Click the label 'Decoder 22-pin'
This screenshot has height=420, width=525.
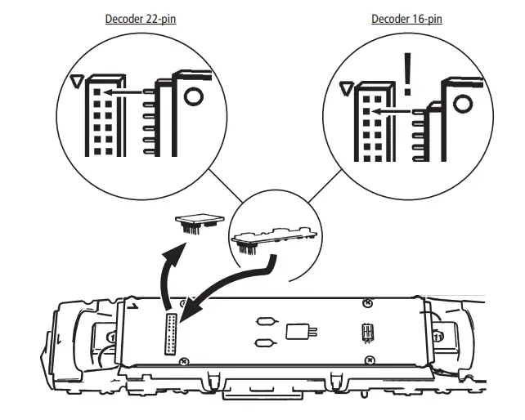pos(141,18)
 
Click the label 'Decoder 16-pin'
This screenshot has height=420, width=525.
pos(406,18)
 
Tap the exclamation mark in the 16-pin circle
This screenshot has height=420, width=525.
pos(406,72)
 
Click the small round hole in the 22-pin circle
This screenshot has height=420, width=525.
pos(193,96)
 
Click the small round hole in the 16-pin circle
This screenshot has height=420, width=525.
pos(462,104)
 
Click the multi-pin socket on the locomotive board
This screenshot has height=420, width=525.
pos(172,333)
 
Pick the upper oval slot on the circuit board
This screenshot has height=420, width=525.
pos(266,322)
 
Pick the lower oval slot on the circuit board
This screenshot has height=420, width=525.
pos(266,343)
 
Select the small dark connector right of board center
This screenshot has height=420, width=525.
pos(368,333)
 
